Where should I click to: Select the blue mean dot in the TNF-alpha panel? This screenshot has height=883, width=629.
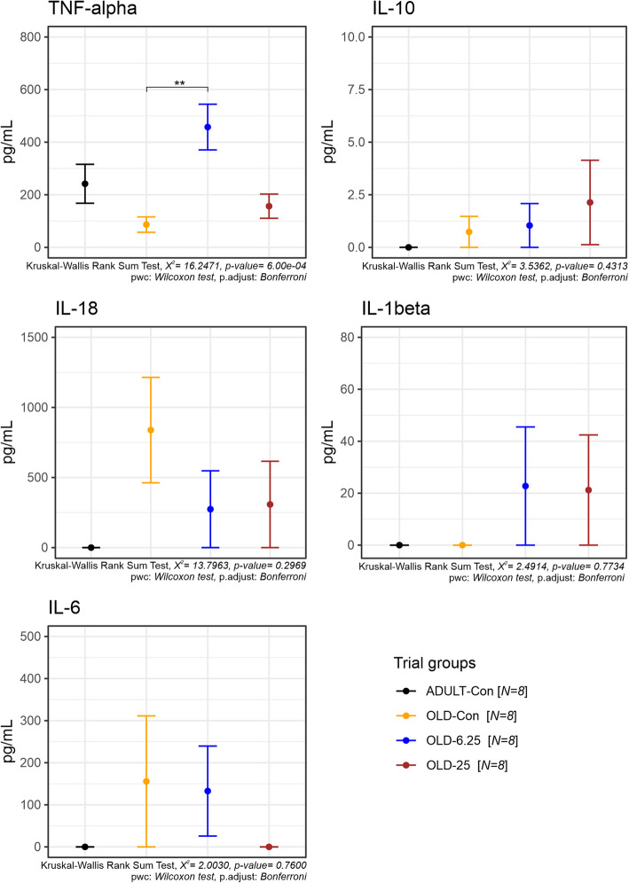[208, 127]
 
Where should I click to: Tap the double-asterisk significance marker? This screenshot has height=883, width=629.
[179, 83]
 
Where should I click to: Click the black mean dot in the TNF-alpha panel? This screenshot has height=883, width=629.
[85, 184]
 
